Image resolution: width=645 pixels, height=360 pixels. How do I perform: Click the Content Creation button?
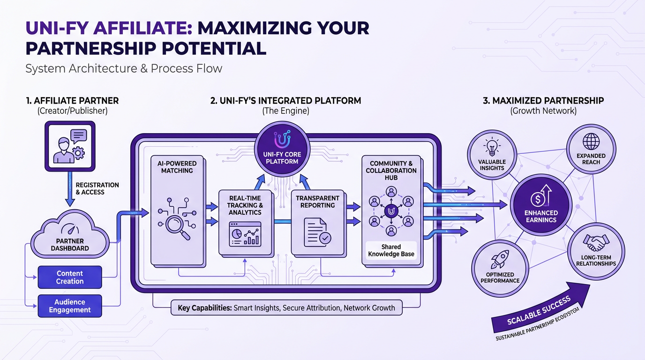70,277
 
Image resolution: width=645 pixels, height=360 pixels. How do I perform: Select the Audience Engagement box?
70,306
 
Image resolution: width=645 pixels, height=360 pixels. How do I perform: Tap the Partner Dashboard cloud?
70,239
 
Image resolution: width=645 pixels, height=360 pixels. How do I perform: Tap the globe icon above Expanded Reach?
591,141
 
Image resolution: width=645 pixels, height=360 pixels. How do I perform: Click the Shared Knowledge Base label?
391,250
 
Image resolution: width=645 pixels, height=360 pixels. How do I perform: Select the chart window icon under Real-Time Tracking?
245,234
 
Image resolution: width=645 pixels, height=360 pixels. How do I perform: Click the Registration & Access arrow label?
97,188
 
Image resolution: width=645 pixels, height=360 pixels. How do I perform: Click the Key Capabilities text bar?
286,308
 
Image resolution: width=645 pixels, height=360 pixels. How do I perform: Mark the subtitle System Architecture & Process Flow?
124,68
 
